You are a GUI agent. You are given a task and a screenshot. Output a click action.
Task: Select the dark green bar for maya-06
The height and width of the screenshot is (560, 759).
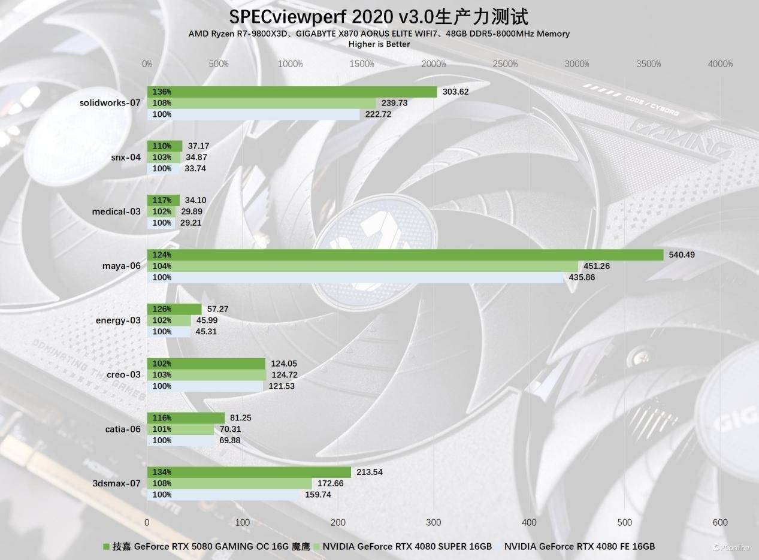coord(405,255)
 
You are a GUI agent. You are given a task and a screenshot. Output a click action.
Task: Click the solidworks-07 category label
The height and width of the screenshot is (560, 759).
coord(110,102)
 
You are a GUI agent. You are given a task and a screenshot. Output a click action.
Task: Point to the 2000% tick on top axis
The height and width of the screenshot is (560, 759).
coord(434,64)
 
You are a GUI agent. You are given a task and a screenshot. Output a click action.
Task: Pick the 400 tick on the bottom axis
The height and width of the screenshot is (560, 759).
coord(529,522)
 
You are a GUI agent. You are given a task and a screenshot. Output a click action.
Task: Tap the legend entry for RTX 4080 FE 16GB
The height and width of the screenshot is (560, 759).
coord(579,546)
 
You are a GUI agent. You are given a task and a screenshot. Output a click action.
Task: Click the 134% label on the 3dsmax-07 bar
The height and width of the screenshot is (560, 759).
coord(162,472)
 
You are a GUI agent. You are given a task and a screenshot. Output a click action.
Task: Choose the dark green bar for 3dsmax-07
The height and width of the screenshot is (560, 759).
coord(249,472)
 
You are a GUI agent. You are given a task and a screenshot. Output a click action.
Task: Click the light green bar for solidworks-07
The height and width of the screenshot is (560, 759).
coord(261,103)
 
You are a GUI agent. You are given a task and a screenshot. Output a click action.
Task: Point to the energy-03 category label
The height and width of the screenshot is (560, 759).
coord(118,320)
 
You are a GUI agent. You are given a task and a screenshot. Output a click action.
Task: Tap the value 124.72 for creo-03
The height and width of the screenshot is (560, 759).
coord(285,375)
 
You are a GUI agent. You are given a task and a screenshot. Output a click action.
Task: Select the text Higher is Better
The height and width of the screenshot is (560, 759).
coord(379,44)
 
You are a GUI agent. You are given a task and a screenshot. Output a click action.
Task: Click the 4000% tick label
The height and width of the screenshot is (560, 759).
coord(720,64)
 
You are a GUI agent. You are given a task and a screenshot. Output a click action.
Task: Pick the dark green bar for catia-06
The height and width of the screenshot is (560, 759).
coord(186,417)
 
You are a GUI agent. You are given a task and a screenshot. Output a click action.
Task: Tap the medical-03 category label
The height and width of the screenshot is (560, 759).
coord(116,211)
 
